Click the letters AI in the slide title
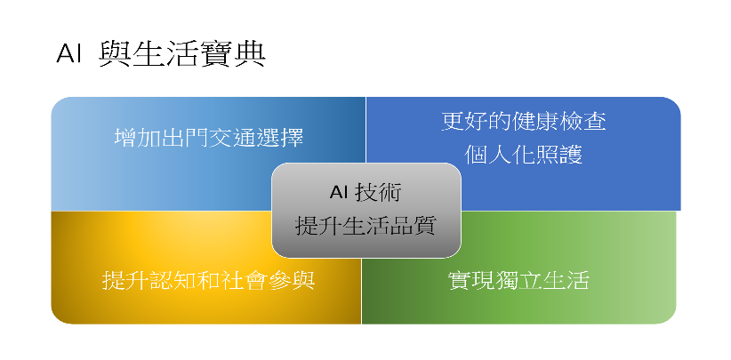[68, 54]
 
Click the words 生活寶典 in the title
[199, 54]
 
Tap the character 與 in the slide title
[116, 54]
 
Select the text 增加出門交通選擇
[209, 138]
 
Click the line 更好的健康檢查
[524, 121]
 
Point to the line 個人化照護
[524, 155]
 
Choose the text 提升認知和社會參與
[208, 280]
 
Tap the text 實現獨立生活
[518, 280]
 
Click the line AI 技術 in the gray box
[365, 192]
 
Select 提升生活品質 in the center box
[365, 226]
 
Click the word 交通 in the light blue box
[233, 138]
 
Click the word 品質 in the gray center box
[413, 226]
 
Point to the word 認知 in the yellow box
[173, 280]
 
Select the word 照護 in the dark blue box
[559, 155]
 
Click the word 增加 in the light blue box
[138, 138]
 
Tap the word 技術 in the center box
[378, 192]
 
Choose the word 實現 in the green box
[472, 280]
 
